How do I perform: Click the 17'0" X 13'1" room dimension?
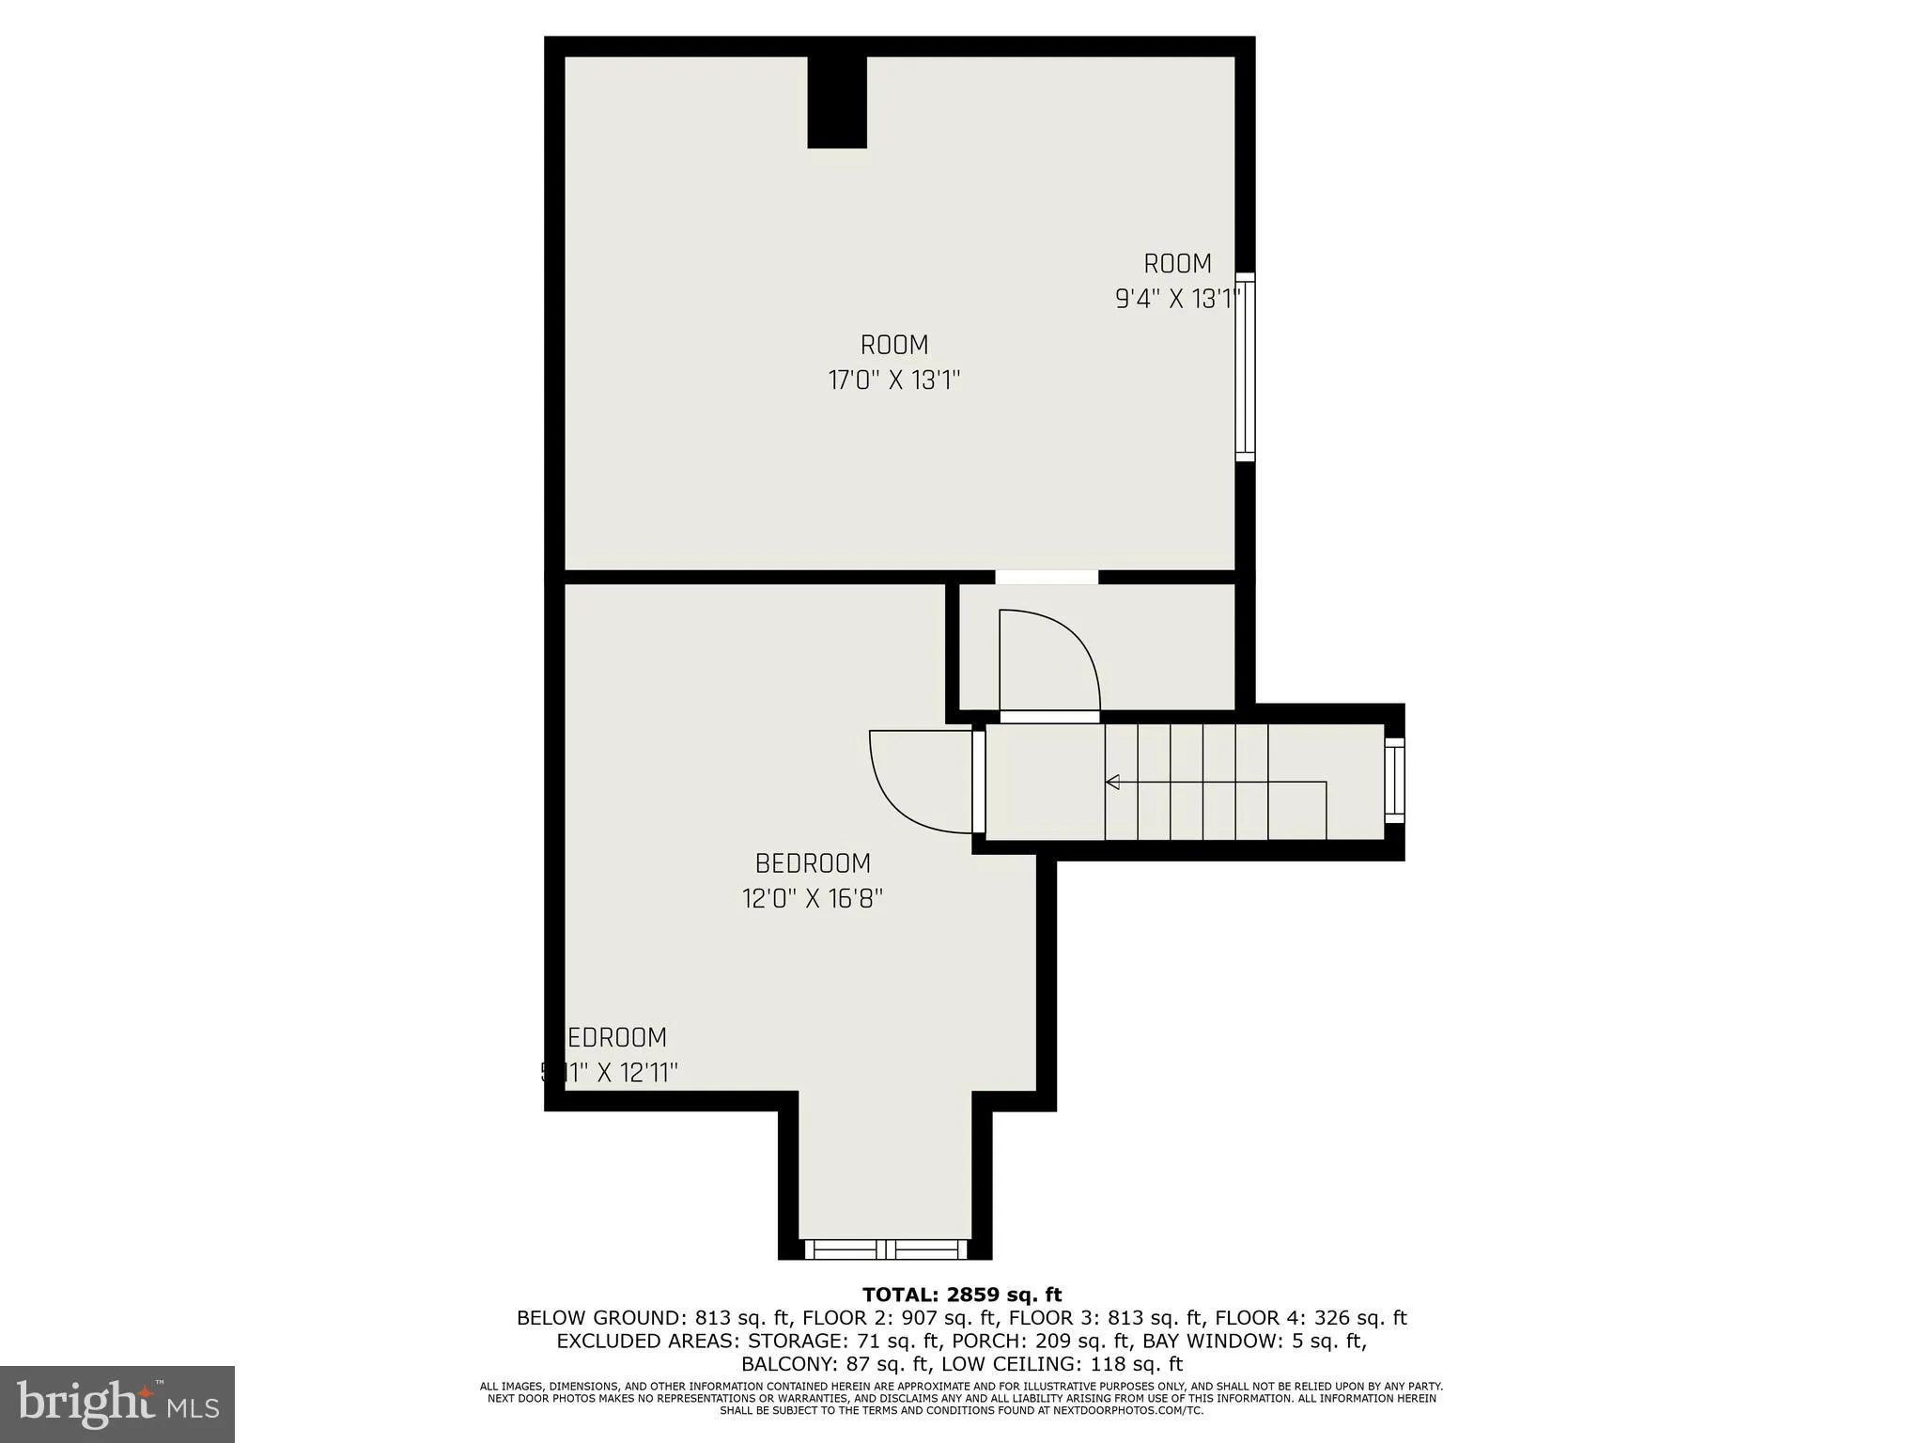tap(893, 380)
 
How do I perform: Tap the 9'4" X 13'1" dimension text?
tap(1178, 299)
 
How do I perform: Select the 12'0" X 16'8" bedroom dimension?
tap(813, 899)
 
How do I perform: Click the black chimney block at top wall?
tap(837, 101)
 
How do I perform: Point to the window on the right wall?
tap(1245, 366)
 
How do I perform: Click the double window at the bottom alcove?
tap(886, 1249)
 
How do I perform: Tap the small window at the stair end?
tap(1394, 780)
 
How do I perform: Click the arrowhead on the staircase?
tap(1113, 782)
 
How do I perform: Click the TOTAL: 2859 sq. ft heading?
tap(962, 1296)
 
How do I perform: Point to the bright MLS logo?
tap(117, 1404)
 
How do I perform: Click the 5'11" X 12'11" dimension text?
tap(611, 1072)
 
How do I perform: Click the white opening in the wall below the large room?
tap(1047, 577)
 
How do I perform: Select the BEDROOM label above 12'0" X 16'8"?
tap(813, 863)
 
